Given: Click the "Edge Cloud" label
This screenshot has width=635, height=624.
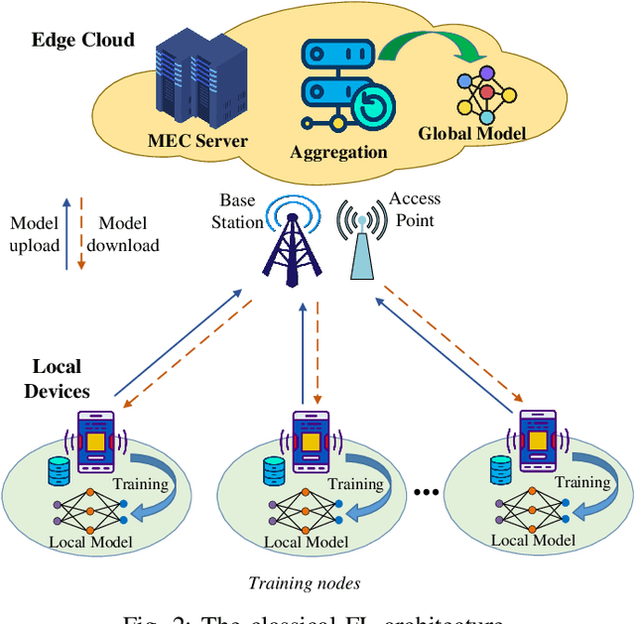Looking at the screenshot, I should [82, 41].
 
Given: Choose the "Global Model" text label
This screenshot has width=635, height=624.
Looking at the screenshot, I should [471, 133].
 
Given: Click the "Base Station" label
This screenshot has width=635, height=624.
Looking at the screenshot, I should [238, 211].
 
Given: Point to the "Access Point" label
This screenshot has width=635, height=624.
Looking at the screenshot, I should [414, 208].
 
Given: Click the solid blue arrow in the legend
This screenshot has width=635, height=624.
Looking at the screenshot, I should [66, 233].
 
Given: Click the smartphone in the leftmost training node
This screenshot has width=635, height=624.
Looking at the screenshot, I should [96, 440].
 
